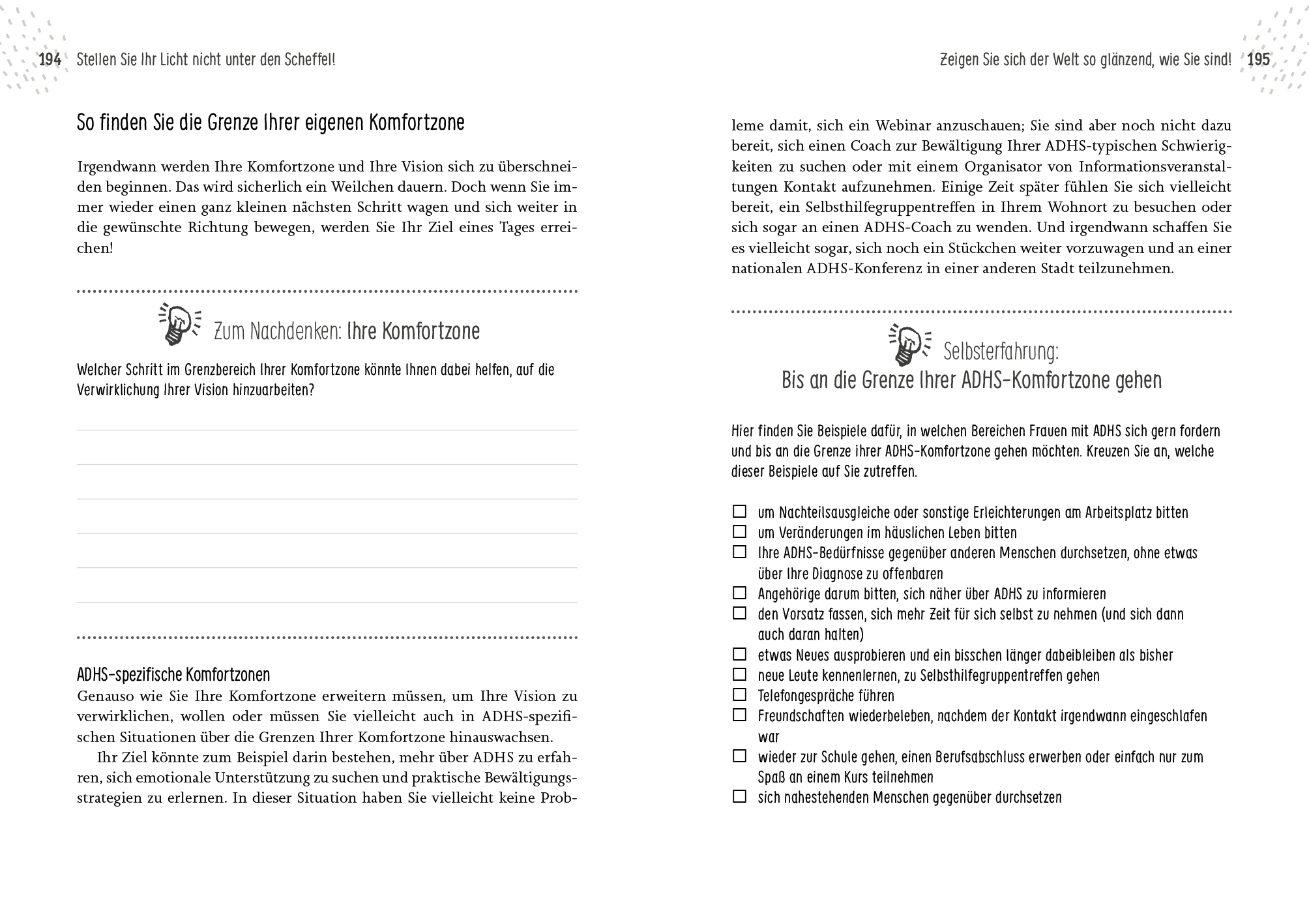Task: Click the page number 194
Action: [x=50, y=60]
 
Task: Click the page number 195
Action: [x=1258, y=60]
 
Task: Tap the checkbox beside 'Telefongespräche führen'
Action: [x=739, y=694]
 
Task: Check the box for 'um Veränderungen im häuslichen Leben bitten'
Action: [x=739, y=531]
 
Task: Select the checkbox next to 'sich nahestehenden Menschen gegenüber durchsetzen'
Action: [x=739, y=796]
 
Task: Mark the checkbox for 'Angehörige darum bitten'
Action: [x=739, y=593]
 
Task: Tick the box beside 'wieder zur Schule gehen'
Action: [x=739, y=756]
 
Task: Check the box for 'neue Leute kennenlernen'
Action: [x=739, y=674]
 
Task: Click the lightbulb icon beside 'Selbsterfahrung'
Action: [x=908, y=344]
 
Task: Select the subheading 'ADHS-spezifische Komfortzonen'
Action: [x=173, y=674]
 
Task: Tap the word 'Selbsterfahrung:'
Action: [x=1001, y=352]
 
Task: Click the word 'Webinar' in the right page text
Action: [x=903, y=125]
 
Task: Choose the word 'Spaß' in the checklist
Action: [x=772, y=777]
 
